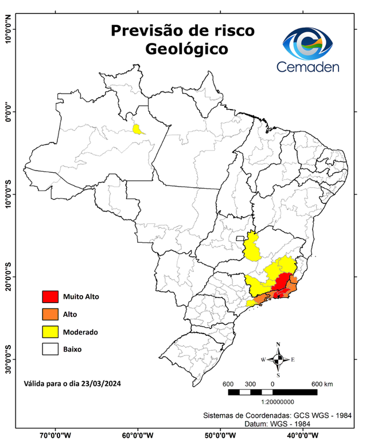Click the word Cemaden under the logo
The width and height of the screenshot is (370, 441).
pyautogui.click(x=309, y=67)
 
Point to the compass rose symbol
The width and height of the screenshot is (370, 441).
pyautogui.click(x=278, y=359)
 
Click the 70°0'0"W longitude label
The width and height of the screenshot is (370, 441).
pyautogui.click(x=56, y=435)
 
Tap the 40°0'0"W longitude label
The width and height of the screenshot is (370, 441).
pyautogui.click(x=301, y=435)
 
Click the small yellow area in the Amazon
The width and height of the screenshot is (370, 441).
pyautogui.click(x=138, y=129)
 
